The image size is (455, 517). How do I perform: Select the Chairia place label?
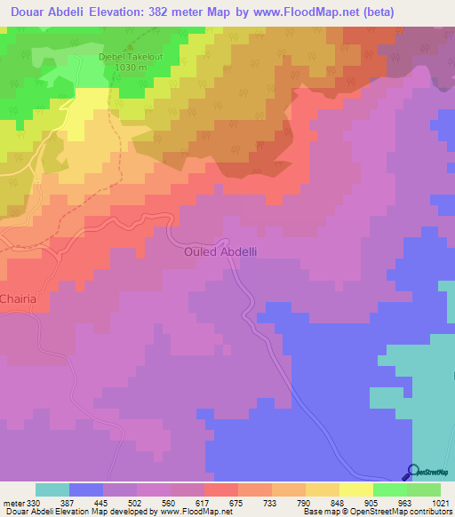18,299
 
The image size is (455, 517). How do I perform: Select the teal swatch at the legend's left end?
52,489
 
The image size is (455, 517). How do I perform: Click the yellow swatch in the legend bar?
355,489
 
